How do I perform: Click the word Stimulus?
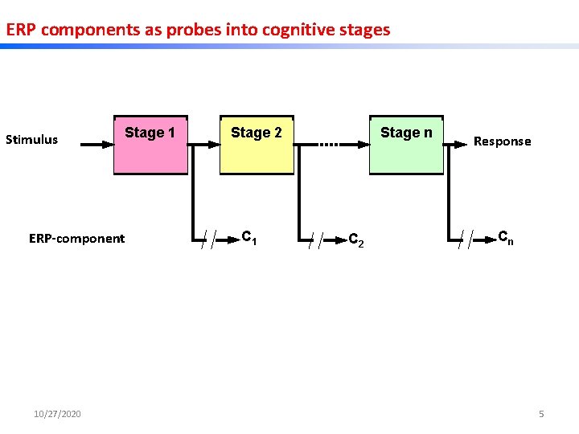point(32,140)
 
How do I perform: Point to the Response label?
point(502,141)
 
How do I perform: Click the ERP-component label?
point(77,239)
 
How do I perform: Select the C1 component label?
point(249,237)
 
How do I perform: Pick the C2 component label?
point(355,240)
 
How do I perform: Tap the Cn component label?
point(506,237)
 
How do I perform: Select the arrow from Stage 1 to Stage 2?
point(204,145)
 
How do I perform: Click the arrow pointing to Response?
point(456,145)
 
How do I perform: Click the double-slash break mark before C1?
point(208,239)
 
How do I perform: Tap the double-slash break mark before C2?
point(315,239)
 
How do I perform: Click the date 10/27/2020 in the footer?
point(57,414)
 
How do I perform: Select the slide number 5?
point(541,414)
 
